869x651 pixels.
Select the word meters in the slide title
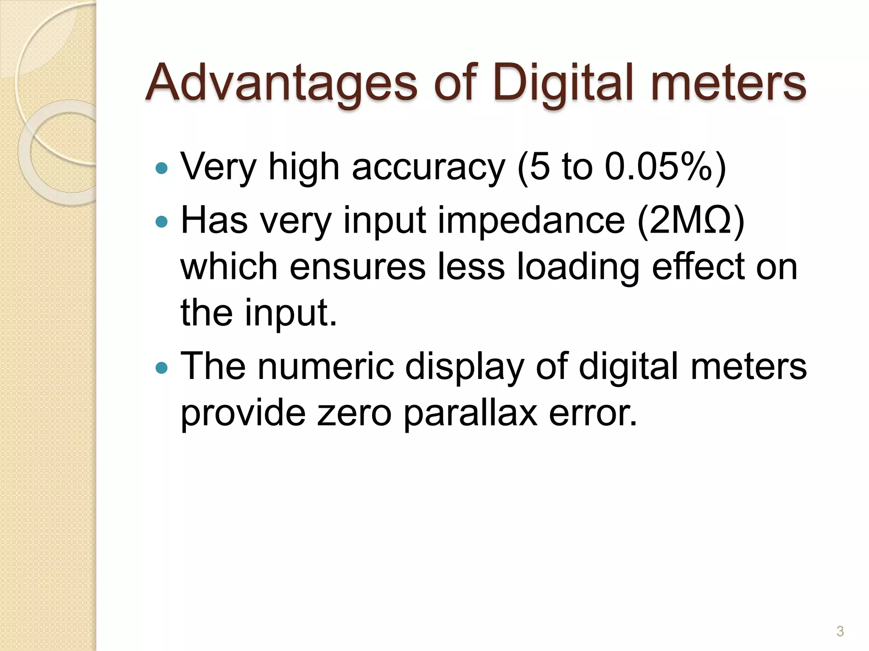(728, 83)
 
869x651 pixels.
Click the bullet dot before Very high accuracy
(162, 169)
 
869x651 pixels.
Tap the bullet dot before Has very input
(162, 221)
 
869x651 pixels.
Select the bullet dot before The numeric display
(162, 367)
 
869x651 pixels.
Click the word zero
(354, 414)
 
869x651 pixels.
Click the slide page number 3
(840, 631)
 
